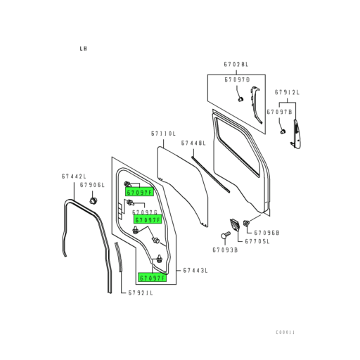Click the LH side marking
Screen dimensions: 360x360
click(83, 49)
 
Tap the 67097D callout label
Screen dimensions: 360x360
click(237, 80)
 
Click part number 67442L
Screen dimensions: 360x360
click(72, 176)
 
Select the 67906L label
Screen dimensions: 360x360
click(92, 185)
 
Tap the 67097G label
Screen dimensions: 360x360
click(145, 211)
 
